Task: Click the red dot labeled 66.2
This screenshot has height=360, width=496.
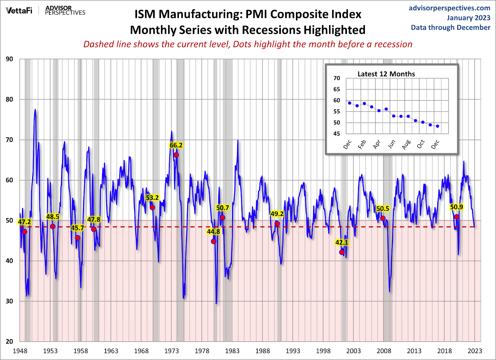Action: coord(176,155)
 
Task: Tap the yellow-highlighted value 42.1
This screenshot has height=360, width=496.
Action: coord(342,243)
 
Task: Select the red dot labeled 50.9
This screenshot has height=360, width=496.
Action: coord(457,217)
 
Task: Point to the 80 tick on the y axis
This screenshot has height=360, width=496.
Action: coord(9,99)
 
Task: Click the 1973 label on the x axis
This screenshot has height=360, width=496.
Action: coord(171,351)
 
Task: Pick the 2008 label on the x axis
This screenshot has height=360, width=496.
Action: coord(384,351)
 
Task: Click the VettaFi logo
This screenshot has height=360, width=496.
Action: coord(19,11)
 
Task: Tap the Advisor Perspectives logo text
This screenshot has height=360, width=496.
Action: coord(65,10)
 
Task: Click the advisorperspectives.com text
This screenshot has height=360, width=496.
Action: coord(449,8)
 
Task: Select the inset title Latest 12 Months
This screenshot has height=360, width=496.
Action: coord(386,74)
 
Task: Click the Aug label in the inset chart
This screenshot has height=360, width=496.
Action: coord(406,144)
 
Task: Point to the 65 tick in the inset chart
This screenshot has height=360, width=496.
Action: coord(337,89)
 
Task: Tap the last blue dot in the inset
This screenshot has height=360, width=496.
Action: coord(437,126)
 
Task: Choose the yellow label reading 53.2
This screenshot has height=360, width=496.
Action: coord(152,198)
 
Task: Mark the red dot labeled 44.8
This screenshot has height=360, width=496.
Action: coord(213,241)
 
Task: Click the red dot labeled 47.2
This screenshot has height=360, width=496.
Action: coord(24,232)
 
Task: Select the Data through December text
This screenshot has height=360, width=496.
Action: coord(450,28)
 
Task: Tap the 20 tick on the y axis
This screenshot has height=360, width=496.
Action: coord(9,341)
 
